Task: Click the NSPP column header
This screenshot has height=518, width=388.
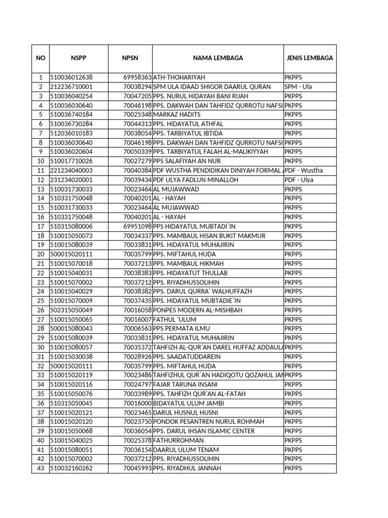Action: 78,58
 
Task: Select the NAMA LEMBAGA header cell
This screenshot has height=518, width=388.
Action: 218,58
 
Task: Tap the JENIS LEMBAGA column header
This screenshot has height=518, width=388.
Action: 310,58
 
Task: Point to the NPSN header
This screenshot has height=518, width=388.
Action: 130,58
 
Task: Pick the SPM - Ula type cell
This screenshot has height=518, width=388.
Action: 298,87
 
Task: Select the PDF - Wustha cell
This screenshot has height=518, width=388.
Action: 303,170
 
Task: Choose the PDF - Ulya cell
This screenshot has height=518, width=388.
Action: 299,180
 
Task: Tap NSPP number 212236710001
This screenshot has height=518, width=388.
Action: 71,87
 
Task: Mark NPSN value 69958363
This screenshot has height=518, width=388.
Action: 137,77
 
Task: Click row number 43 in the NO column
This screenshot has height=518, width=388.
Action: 40,468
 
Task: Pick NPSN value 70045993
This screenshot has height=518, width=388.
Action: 137,468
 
